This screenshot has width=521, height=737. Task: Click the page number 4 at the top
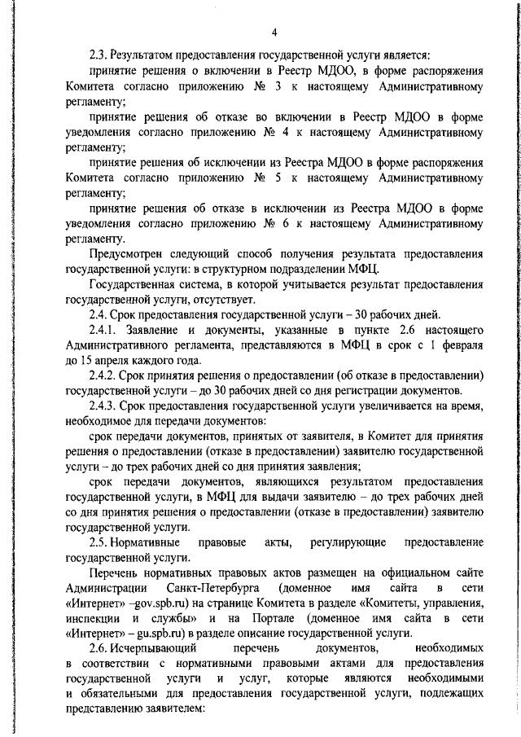pyautogui.click(x=274, y=33)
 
